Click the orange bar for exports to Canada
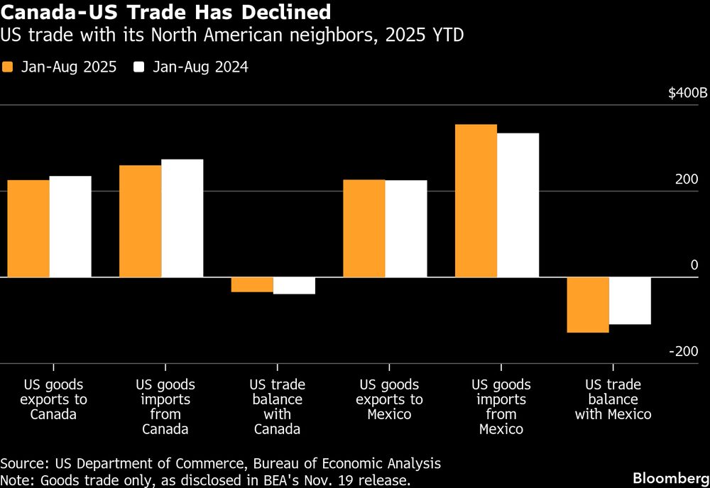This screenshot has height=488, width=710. coord(28,228)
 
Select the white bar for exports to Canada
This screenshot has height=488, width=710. coord(70,226)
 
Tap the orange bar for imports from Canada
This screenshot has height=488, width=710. coord(140,221)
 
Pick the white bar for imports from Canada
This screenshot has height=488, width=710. coord(182,218)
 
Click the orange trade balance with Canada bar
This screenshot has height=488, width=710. coord(252,284)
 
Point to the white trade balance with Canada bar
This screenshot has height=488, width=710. coord(294,285)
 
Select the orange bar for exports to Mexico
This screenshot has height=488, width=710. coord(364,228)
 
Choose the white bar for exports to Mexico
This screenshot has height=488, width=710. coord(405,228)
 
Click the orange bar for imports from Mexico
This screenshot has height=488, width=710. coord(476,201)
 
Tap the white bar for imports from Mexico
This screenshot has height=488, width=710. coord(518,205)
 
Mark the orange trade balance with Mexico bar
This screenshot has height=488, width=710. coord(587,304)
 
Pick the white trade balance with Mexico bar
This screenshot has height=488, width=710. coord(630,301)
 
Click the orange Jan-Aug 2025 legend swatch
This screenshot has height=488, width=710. coord(8,67)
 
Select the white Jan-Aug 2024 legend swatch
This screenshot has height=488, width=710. coord(138,67)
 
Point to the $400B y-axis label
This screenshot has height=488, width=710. coord(688,93)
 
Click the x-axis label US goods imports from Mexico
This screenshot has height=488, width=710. coord(501,406)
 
